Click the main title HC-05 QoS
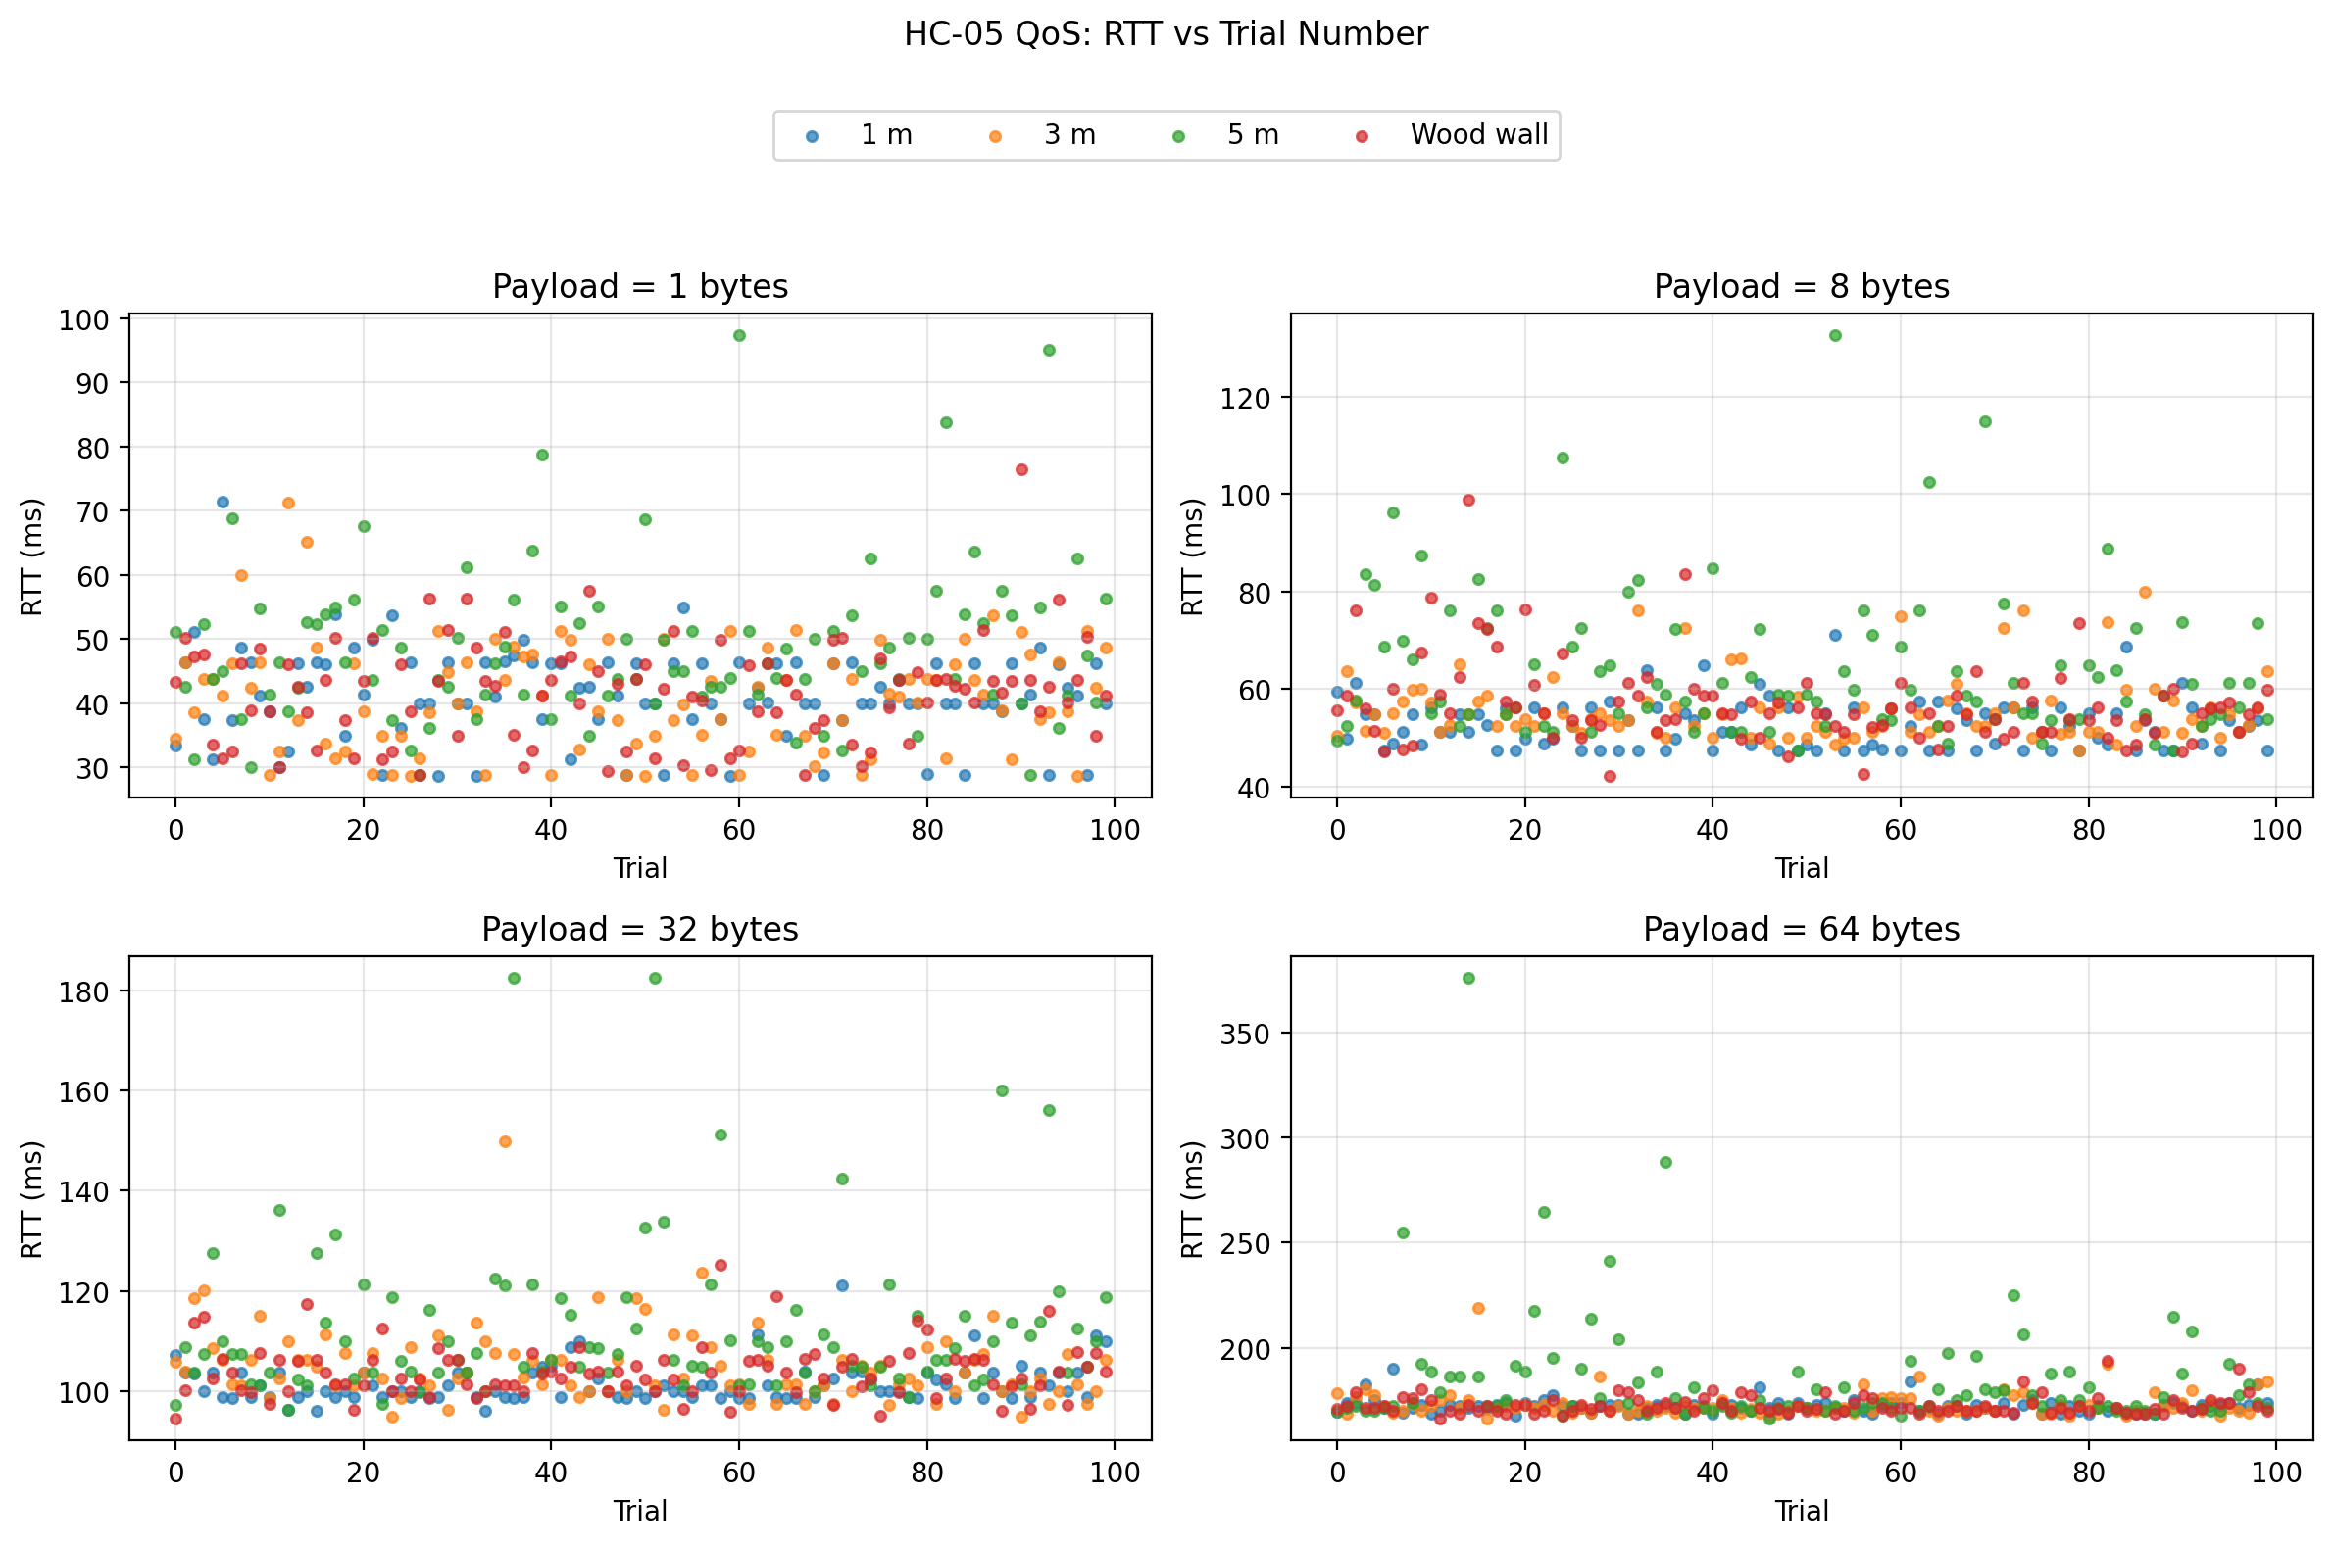coord(1165,34)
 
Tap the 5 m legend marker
coord(1178,137)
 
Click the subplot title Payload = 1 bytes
coord(640,287)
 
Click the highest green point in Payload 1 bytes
coord(739,336)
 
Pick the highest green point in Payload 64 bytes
coord(1468,979)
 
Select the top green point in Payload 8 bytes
coord(1835,336)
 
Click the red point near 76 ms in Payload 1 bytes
coord(1021,470)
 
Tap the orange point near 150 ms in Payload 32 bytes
coord(505,1142)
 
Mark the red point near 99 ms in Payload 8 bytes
coord(1468,501)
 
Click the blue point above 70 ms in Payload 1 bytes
coord(223,503)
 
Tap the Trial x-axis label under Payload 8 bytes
coord(1801,868)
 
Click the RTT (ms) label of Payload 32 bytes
coord(32,1199)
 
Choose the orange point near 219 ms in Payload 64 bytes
coord(1478,1309)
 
